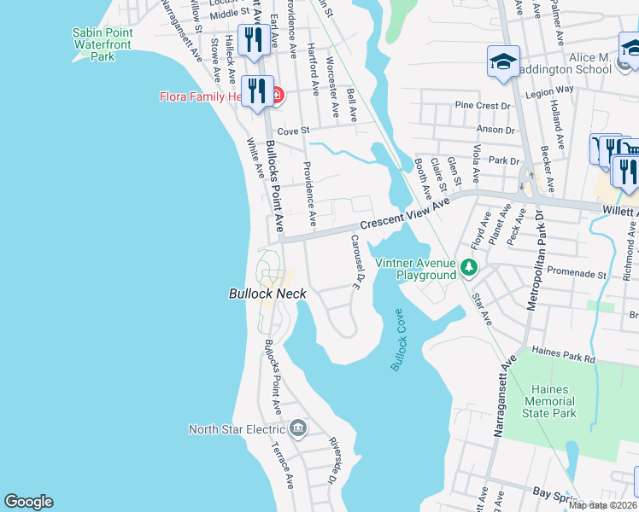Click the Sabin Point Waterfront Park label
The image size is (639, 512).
tap(102, 44)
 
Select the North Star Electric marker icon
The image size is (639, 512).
tap(298, 428)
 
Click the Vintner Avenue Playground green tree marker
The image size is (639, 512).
tap(468, 268)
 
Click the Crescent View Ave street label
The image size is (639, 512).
tap(403, 214)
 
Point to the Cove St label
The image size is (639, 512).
tap(291, 131)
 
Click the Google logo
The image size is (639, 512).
tap(28, 502)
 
